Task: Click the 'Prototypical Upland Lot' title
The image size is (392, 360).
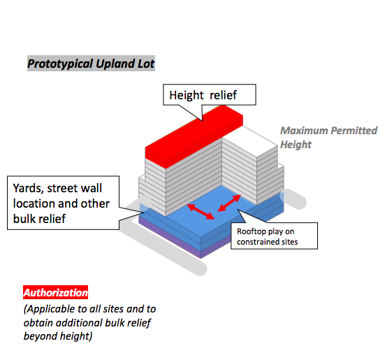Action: coord(91,64)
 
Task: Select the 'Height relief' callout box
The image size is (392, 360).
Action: coord(210,94)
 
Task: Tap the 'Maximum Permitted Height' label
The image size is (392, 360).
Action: coord(328,137)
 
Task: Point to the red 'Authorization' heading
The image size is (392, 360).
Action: coord(55,292)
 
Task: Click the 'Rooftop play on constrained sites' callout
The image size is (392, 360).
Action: coord(274,236)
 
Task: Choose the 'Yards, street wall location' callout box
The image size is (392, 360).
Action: coord(64,203)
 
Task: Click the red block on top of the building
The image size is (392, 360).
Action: coord(194,136)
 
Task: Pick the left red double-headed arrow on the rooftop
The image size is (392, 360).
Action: coord(201,212)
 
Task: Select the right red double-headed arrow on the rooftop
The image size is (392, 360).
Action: coord(229,203)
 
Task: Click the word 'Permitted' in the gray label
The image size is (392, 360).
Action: coord(354,131)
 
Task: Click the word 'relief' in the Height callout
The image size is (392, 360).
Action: coord(223,95)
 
